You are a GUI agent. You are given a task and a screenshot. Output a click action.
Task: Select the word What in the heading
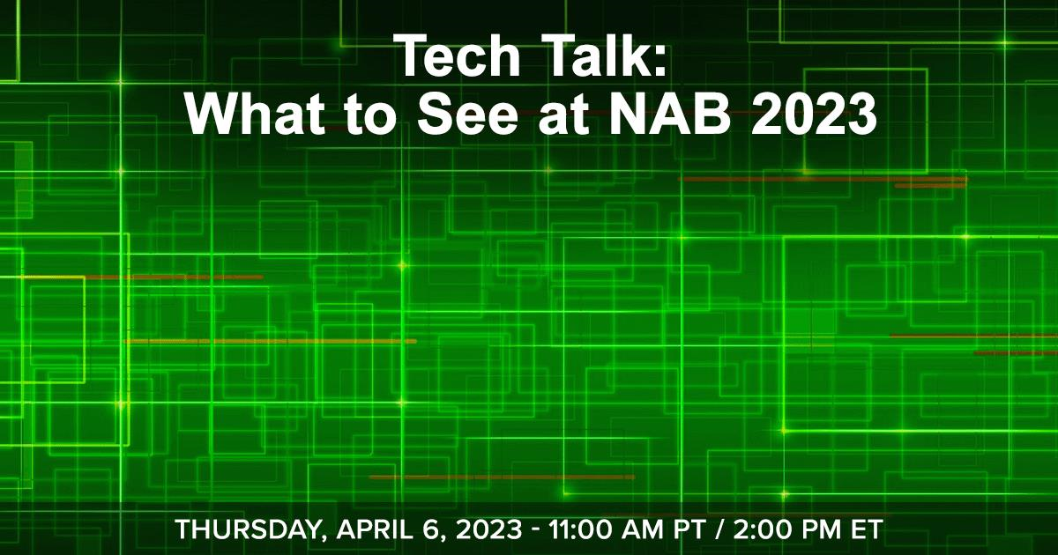pos(256,114)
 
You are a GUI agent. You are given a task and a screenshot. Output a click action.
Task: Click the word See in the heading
pos(467,115)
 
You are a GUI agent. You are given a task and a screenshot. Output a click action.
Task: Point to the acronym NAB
pos(667,114)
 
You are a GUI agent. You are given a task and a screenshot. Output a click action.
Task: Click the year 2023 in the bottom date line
pos(489,529)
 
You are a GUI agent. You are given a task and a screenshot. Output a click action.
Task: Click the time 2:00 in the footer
pos(764,529)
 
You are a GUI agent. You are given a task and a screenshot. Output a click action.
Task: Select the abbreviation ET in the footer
pos(866,529)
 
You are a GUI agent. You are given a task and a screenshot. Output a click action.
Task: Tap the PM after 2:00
pos(822,529)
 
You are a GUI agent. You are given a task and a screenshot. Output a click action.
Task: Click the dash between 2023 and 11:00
pos(535,531)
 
